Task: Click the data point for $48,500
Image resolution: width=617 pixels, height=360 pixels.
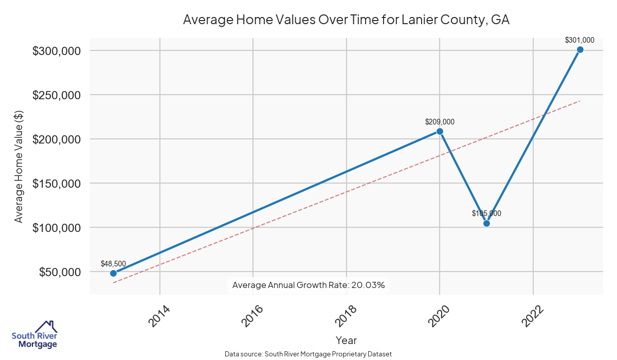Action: coord(113,273)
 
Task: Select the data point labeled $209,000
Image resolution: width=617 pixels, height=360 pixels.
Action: coord(440,131)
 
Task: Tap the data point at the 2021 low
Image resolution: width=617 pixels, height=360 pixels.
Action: coord(486,223)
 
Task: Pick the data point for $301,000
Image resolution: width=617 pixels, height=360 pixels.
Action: coord(580,50)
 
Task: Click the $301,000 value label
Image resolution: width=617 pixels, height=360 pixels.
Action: coord(579,40)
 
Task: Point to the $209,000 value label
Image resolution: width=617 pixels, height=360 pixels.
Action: coord(440,122)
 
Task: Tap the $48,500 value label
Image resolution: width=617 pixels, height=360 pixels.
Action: coord(113,264)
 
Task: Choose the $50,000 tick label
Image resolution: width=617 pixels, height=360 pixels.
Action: coord(59,272)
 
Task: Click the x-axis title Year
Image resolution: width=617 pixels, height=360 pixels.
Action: coord(346,340)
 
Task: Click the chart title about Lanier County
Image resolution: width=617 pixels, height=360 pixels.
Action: coord(346,20)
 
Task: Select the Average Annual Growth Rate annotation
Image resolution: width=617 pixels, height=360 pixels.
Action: coord(308,285)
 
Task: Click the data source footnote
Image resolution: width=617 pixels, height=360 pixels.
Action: coord(308,354)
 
